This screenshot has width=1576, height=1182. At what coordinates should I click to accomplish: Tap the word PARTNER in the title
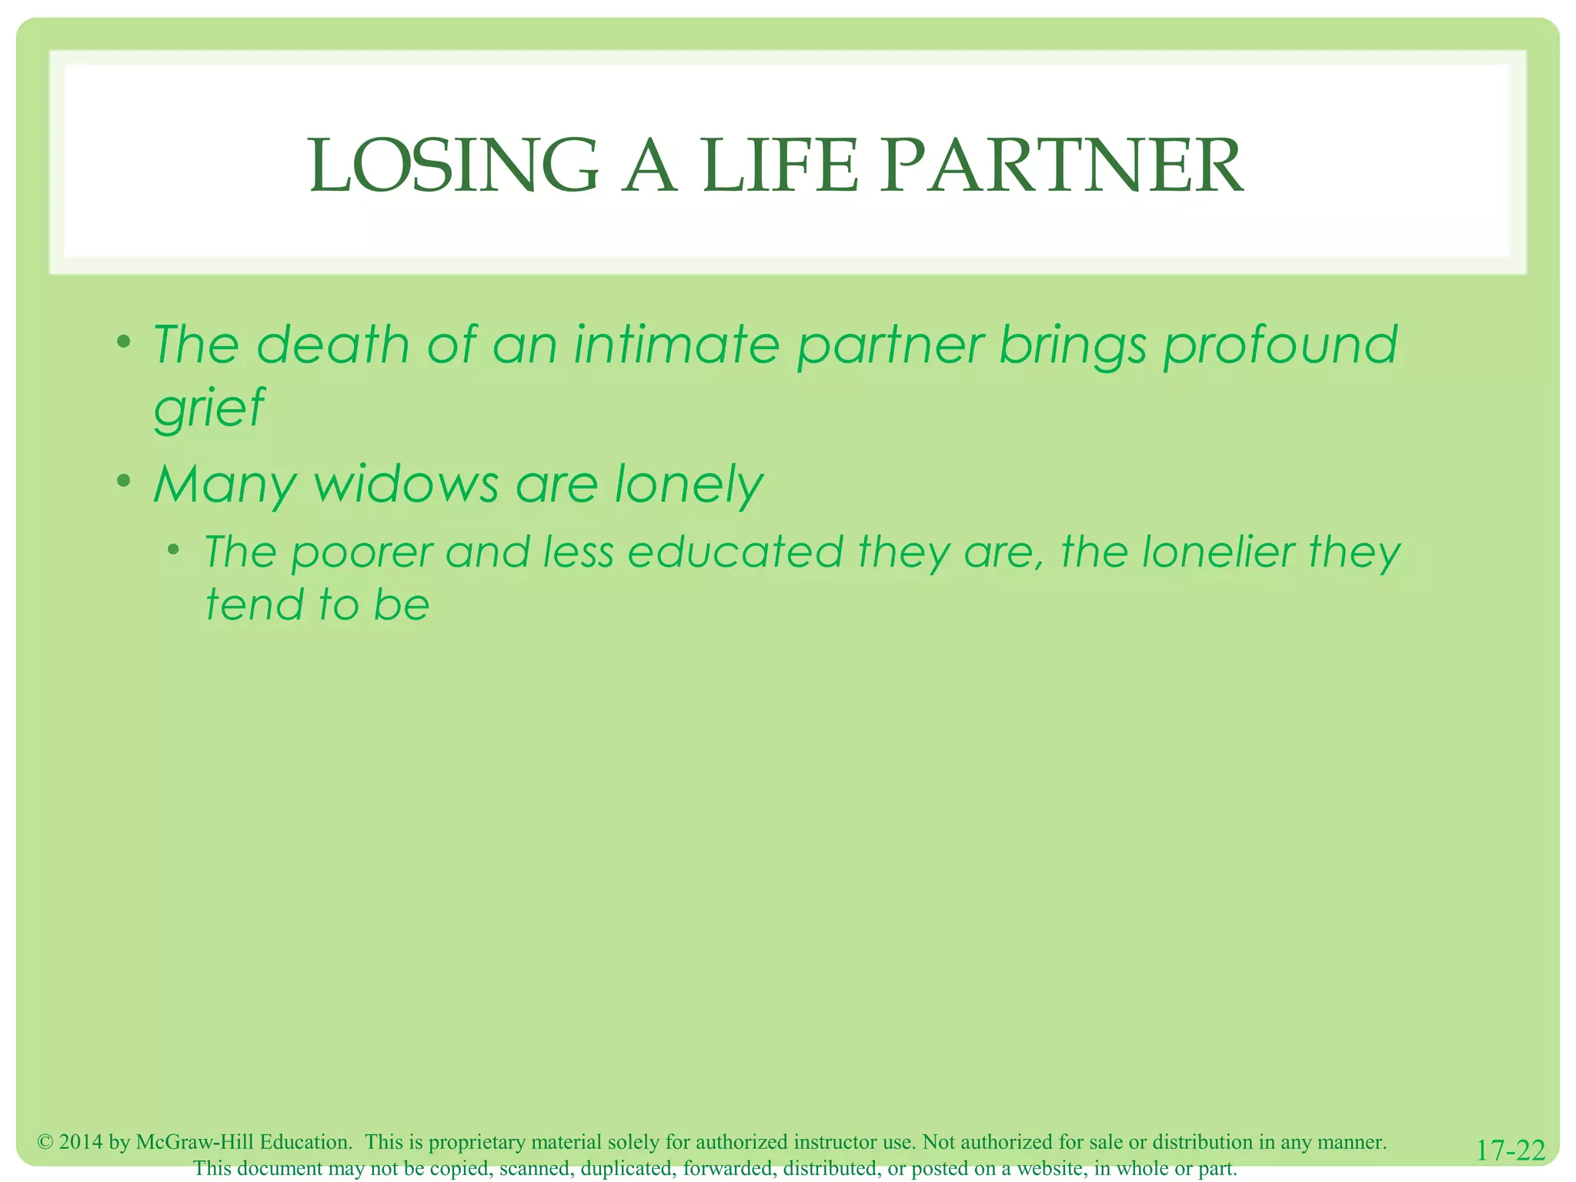click(x=1061, y=166)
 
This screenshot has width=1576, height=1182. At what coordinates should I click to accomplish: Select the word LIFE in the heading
click(x=780, y=166)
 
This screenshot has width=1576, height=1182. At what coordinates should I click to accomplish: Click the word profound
click(x=1280, y=346)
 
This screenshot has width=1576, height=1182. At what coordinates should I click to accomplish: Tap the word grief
click(x=209, y=408)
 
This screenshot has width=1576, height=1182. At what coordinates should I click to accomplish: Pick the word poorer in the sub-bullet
click(x=362, y=553)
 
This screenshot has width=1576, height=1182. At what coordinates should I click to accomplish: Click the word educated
click(x=736, y=552)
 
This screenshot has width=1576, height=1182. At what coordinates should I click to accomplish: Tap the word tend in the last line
click(x=255, y=604)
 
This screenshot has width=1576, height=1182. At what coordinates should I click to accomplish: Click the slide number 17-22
click(x=1511, y=1150)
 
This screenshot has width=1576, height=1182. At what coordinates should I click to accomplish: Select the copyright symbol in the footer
click(x=45, y=1142)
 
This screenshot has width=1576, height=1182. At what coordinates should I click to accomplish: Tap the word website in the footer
click(x=1050, y=1168)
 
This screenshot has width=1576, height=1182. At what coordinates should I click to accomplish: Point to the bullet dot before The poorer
click(x=175, y=549)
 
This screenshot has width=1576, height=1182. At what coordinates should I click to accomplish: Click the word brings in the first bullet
click(x=1072, y=346)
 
